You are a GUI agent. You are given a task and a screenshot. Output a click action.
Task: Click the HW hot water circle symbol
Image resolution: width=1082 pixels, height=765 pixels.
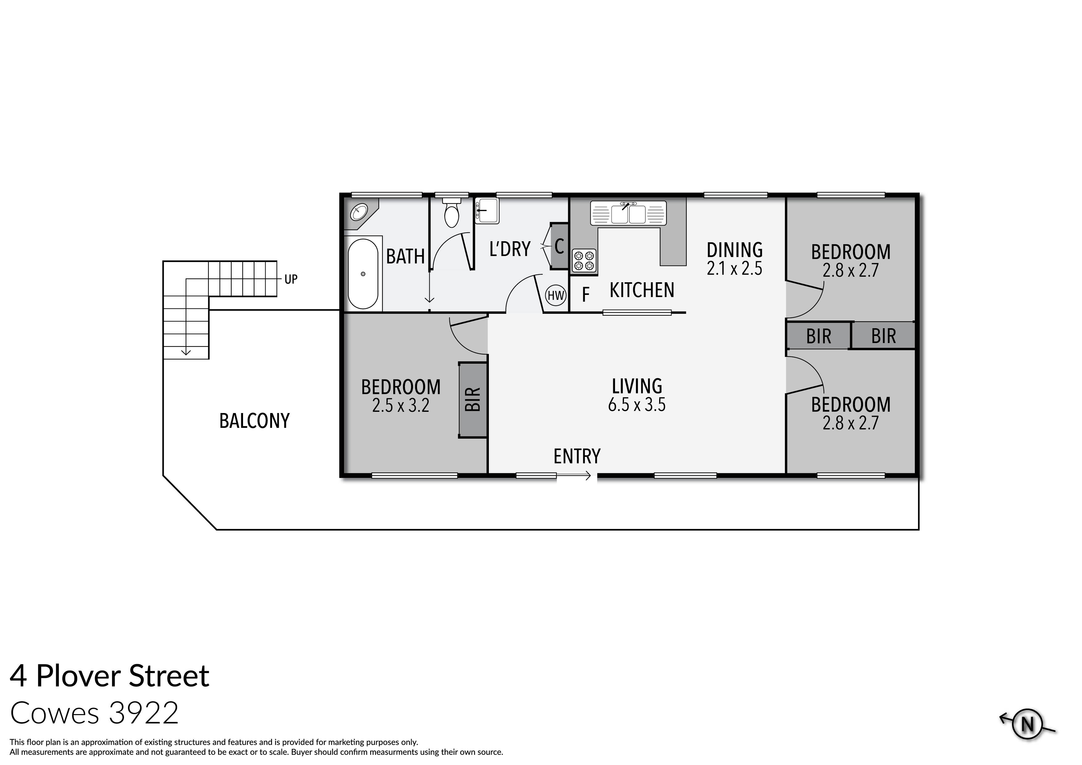(556, 296)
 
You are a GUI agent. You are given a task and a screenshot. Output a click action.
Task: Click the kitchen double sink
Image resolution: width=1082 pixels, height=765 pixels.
(628, 213)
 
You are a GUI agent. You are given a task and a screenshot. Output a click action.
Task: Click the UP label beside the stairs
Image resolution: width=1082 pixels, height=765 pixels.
(291, 279)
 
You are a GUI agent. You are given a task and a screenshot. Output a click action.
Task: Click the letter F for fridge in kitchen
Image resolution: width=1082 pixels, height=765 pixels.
(586, 295)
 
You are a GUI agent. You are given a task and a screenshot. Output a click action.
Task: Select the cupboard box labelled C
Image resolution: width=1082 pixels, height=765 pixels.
(560, 246)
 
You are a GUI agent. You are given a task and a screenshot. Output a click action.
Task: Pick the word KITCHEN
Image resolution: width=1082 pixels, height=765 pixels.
(642, 290)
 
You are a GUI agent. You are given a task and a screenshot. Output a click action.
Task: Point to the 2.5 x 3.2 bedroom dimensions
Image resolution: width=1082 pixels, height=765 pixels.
(401, 405)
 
